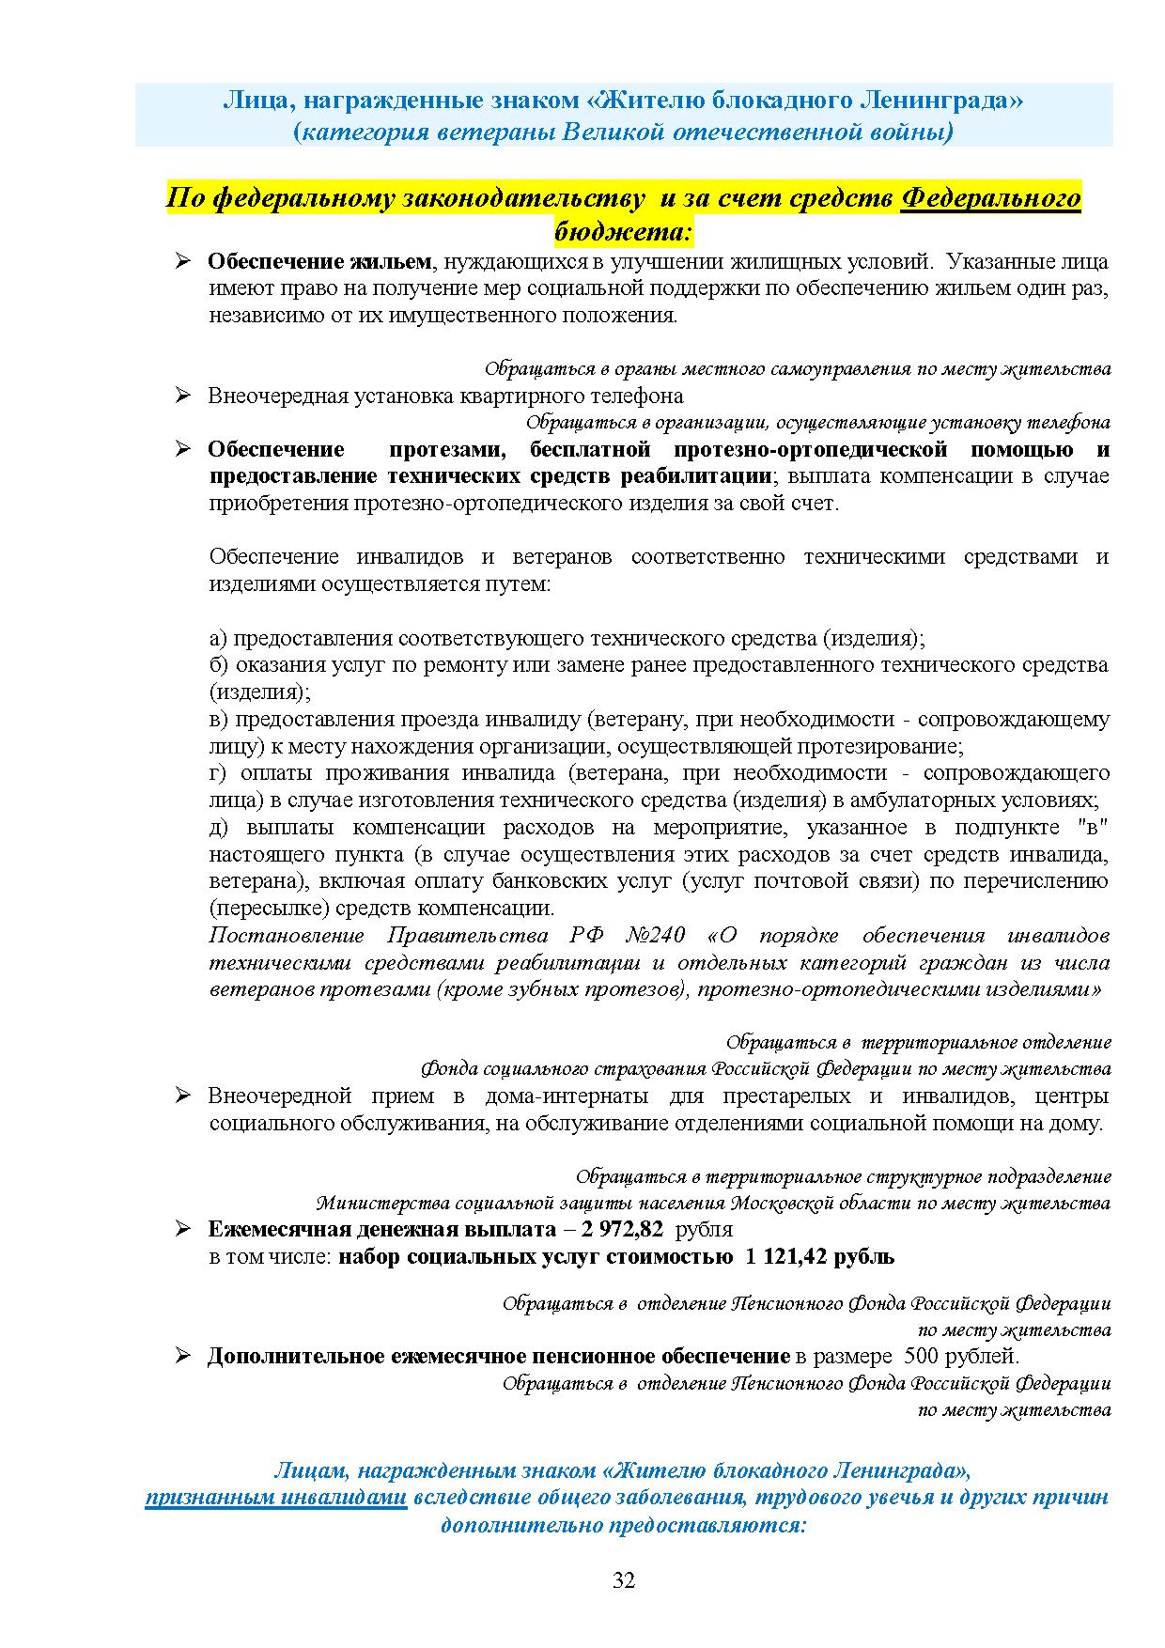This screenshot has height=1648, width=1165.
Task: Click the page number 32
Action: (x=624, y=1580)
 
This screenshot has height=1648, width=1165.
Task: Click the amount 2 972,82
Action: (x=621, y=1229)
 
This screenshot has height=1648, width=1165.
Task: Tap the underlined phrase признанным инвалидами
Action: (x=275, y=1497)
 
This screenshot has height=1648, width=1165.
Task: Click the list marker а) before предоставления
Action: (x=218, y=639)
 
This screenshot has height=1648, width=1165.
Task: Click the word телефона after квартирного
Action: (x=635, y=396)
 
